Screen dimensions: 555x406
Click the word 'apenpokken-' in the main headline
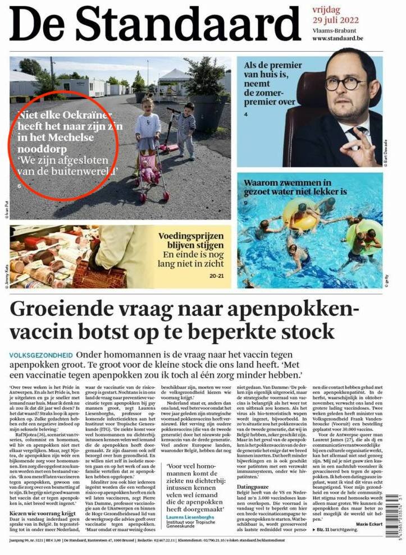pyautogui.click(x=303, y=310)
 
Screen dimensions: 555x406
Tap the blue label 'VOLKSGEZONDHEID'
pyautogui.click(x=40, y=355)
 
